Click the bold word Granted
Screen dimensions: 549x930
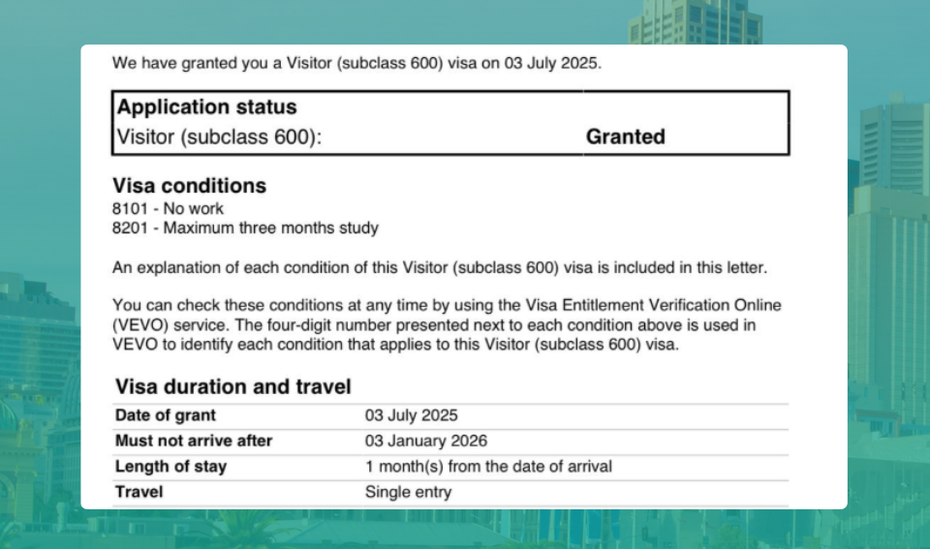625,137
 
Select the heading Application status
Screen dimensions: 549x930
207,107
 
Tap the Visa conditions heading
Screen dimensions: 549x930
189,185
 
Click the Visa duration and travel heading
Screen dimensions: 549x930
232,387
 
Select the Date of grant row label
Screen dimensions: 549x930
166,415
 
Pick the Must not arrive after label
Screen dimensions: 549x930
194,441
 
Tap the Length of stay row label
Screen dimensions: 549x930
170,466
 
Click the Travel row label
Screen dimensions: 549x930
139,492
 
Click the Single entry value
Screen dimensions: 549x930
408,492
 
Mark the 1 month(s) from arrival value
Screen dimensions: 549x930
488,466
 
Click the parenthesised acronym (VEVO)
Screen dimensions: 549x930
137,325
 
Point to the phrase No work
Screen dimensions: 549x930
193,208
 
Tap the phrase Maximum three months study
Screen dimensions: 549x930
270,229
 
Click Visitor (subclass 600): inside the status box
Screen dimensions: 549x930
218,137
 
